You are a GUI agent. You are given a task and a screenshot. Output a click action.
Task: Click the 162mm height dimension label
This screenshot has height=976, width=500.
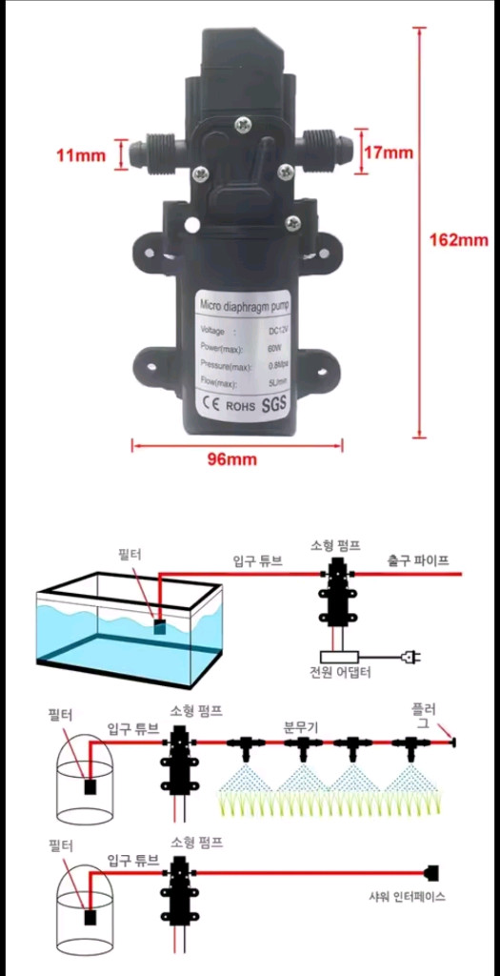[x=458, y=240]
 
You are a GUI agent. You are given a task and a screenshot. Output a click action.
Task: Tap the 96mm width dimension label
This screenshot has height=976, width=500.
[x=232, y=458]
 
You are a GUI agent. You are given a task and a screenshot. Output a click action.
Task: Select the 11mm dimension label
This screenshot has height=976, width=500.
[x=82, y=155]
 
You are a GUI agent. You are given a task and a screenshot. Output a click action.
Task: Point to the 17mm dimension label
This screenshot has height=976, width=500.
[x=389, y=152]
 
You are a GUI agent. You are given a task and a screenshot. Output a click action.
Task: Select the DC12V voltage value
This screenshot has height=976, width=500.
[x=278, y=331]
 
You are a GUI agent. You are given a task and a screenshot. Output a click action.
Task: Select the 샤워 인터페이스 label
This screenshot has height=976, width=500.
[x=408, y=896]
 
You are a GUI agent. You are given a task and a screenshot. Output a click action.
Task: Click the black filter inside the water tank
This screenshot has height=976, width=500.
[x=160, y=626]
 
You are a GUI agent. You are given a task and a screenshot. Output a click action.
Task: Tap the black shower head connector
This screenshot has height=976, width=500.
[x=430, y=871]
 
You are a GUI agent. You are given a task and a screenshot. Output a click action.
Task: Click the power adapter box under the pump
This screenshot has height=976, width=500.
[x=338, y=656]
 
